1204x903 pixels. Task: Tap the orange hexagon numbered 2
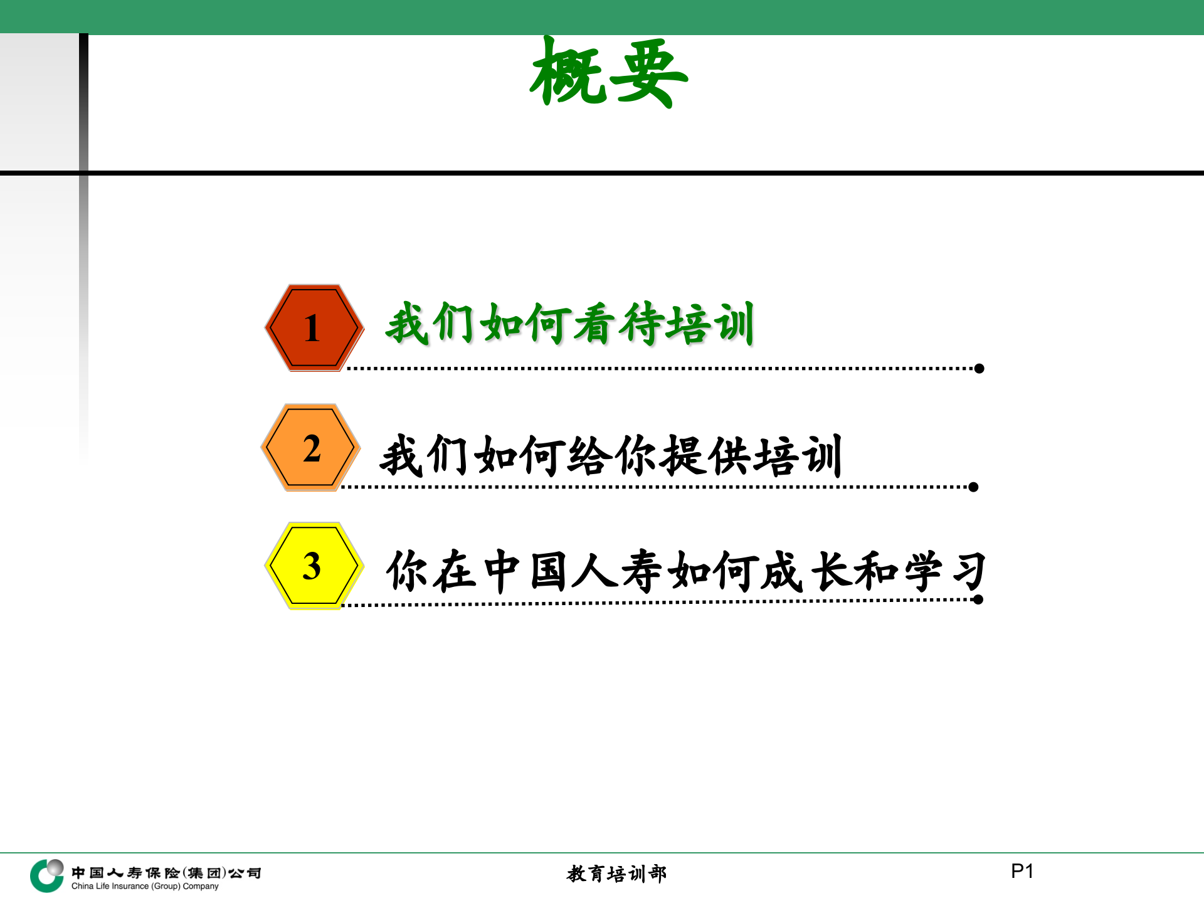click(311, 448)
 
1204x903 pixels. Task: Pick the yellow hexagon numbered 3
click(313, 566)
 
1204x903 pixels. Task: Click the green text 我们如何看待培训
click(569, 324)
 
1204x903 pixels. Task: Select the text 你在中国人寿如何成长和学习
click(685, 571)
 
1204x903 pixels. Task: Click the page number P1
click(1022, 871)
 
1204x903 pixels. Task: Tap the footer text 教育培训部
click(616, 874)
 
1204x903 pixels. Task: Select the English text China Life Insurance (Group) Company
click(145, 887)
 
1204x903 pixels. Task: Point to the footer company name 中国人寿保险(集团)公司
click(166, 872)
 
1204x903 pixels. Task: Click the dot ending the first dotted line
click(979, 369)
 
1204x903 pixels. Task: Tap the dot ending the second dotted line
click(973, 487)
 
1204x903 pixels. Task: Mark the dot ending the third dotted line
click(978, 600)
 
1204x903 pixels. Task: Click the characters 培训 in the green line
click(710, 324)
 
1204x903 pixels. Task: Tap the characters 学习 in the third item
click(944, 571)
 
